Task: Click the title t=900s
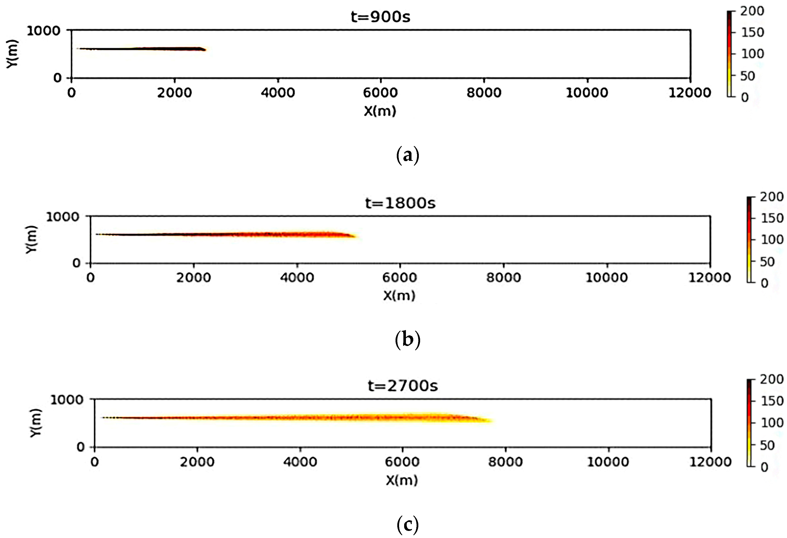click(380, 16)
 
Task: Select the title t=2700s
click(403, 386)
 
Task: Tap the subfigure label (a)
click(407, 156)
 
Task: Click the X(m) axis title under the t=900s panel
click(380, 111)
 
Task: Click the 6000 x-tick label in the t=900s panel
click(380, 92)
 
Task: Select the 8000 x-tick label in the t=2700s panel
click(505, 462)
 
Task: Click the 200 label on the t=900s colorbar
click(752, 11)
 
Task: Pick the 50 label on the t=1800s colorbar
click(767, 261)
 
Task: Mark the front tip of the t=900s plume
click(205, 50)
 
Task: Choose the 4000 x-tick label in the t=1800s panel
click(297, 278)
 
